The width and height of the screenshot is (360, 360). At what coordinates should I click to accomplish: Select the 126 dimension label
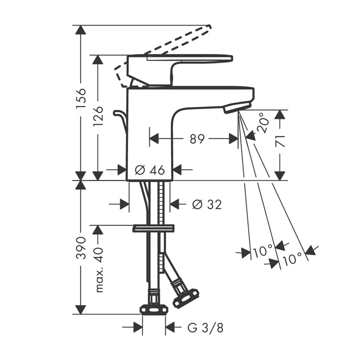98,117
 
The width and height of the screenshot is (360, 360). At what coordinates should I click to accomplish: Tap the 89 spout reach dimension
197,139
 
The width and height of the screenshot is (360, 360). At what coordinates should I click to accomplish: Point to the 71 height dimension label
280,141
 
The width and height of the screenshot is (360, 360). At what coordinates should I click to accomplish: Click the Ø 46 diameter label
150,170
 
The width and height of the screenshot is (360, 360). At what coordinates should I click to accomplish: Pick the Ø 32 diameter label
207,204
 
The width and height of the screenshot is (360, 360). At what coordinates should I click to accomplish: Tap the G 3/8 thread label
205,328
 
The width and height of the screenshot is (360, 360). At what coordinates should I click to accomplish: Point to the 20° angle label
262,125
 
